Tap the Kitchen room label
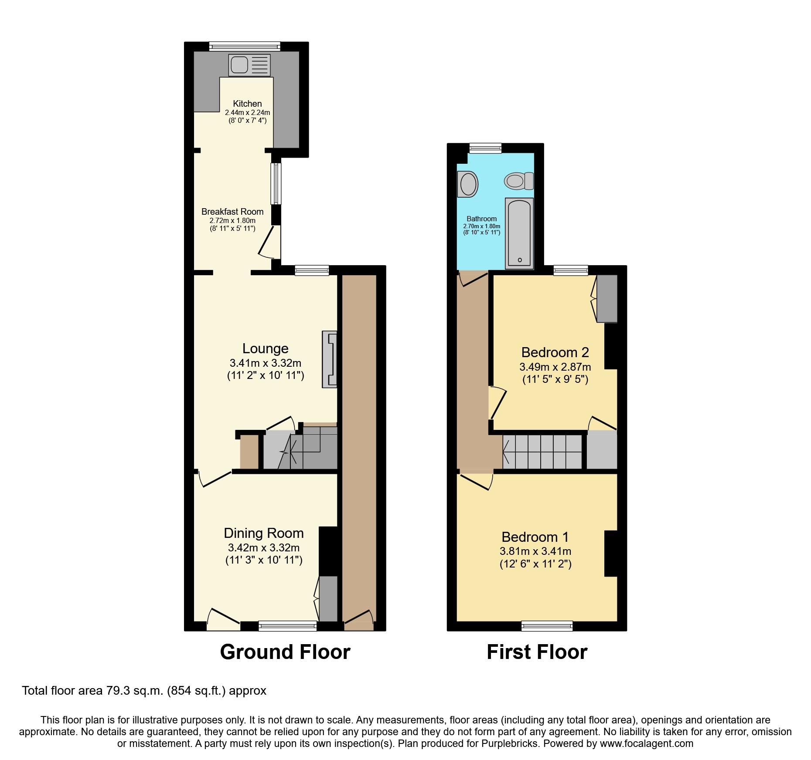(247, 104)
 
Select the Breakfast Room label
(232, 212)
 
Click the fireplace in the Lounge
(330, 359)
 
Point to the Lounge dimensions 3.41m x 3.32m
(266, 363)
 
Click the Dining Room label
(263, 533)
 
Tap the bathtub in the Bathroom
(519, 233)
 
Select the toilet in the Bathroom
(519, 181)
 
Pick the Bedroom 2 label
(555, 352)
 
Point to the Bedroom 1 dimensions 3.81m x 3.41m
(535, 551)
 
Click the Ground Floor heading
(285, 652)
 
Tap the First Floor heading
(537, 652)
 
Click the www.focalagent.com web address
(647, 743)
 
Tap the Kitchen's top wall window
(244, 46)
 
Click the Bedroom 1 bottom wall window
(547, 626)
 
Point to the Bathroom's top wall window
(485, 148)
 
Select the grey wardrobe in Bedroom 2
(607, 298)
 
